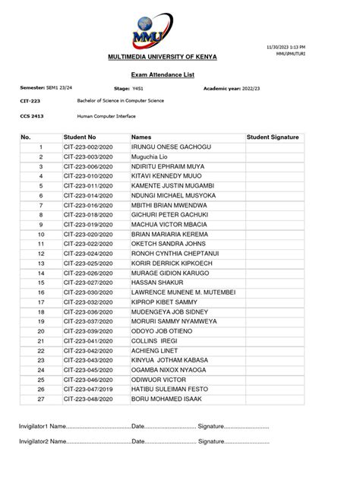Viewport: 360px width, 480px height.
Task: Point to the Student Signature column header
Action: [273, 137]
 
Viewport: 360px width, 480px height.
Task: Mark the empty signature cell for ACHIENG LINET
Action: [273, 350]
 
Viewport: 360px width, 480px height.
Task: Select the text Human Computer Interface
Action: [107, 116]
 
